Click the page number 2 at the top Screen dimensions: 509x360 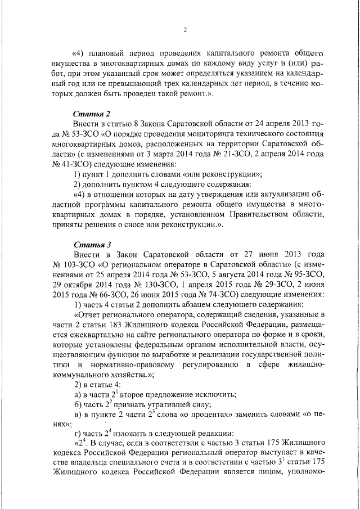(x=184, y=30)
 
